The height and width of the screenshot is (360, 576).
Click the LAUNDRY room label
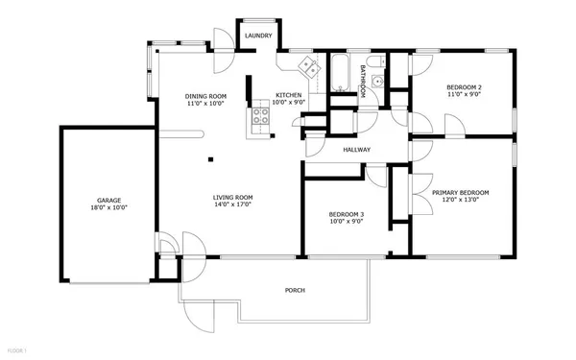coord(258,36)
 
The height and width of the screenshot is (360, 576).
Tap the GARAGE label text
coord(108,200)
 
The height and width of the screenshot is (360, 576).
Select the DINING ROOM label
coord(205,96)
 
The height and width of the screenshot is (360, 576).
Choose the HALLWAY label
coord(357,149)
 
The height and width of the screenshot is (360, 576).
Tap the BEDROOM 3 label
coord(346,214)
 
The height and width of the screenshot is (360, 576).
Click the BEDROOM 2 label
coord(465,88)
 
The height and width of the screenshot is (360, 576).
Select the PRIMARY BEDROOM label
coord(460,193)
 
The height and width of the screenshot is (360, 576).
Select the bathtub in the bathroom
coord(341,75)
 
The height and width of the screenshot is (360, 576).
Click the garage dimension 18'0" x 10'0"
coord(108,207)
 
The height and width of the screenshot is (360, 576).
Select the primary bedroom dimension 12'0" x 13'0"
coord(460,201)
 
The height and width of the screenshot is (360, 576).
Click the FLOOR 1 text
coord(13,351)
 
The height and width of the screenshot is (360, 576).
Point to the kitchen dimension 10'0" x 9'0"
coord(289,103)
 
